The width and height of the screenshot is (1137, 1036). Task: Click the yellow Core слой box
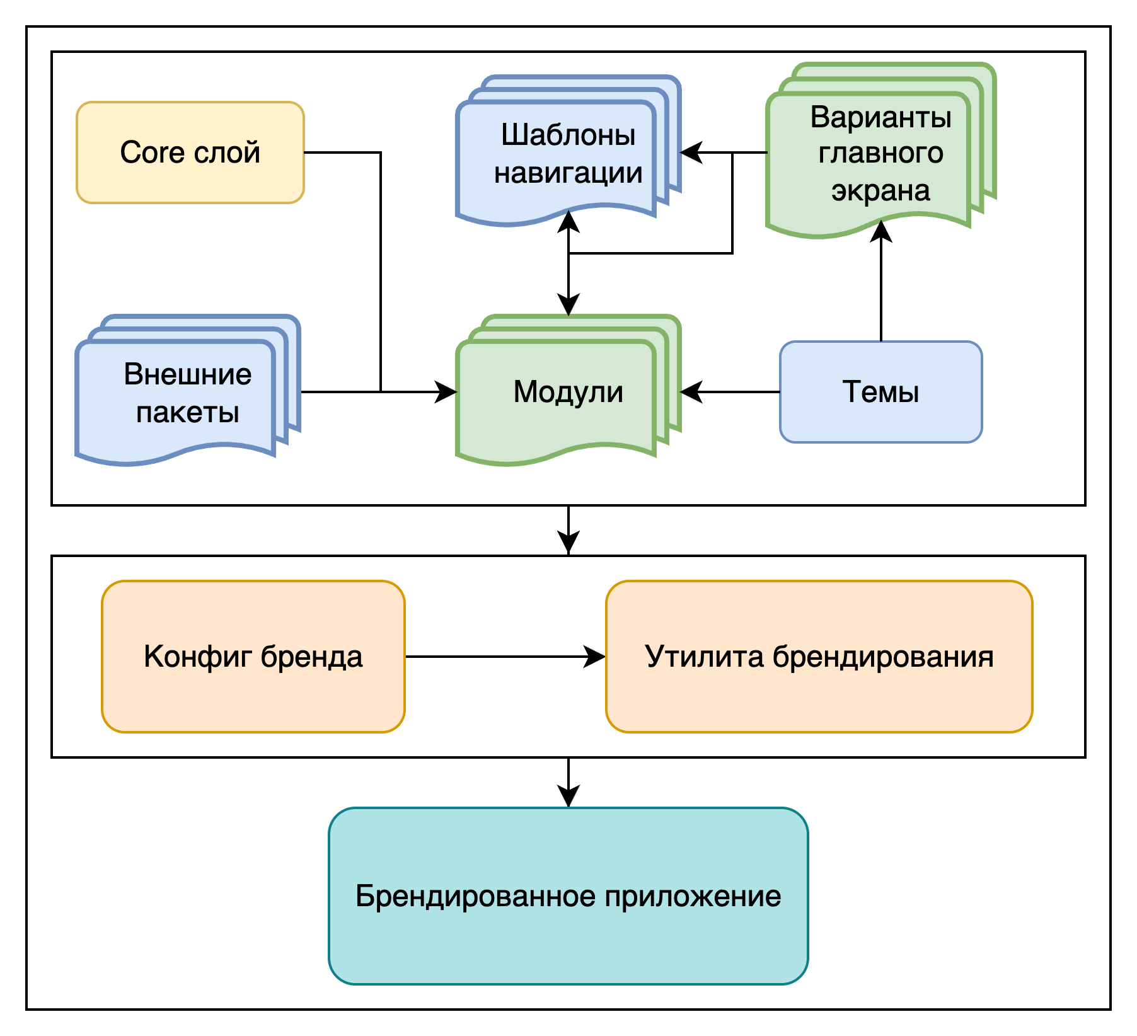pyautogui.click(x=190, y=153)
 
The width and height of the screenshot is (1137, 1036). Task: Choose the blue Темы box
pyautogui.click(x=880, y=392)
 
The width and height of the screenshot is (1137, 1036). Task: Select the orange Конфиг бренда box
pyautogui.click(x=253, y=657)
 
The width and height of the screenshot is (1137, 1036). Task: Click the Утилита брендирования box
pyautogui.click(x=819, y=657)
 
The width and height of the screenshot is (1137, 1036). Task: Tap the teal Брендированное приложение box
pyautogui.click(x=568, y=896)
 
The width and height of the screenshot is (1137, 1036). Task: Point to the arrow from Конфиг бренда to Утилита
pyautogui.click(x=504, y=657)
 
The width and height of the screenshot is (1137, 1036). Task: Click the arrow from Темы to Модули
pyautogui.click(x=731, y=392)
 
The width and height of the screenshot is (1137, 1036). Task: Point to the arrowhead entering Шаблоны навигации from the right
pyautogui.click(x=691, y=153)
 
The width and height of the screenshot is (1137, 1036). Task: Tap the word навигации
pyautogui.click(x=568, y=173)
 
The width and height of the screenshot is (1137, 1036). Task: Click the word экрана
pyautogui.click(x=880, y=190)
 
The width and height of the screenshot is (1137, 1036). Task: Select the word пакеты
pyautogui.click(x=187, y=413)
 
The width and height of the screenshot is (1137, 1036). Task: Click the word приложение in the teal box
pyautogui.click(x=693, y=896)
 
